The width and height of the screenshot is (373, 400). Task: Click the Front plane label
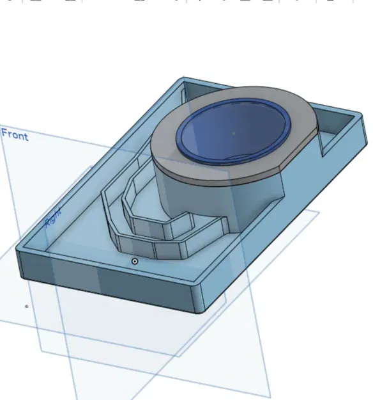click(15, 134)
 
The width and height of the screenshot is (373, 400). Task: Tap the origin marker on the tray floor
click(135, 261)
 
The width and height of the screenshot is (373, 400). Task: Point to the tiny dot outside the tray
click(26, 306)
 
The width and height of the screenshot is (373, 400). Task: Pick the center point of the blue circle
click(233, 133)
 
